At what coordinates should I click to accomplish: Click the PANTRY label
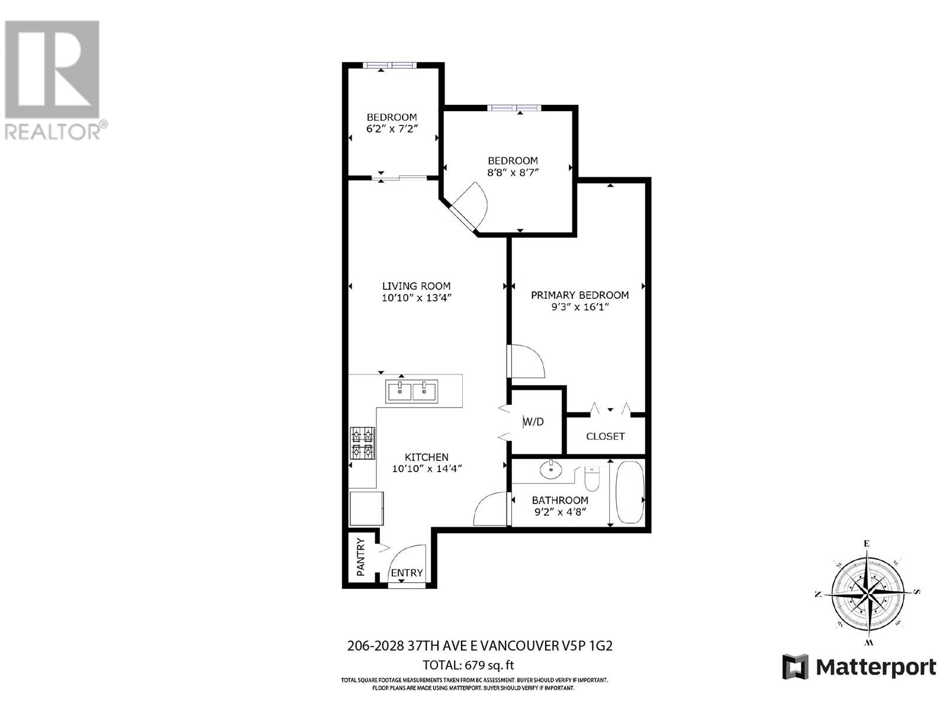click(x=360, y=557)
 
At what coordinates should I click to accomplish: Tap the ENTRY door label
click(x=407, y=573)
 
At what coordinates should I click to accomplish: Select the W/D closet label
click(x=533, y=422)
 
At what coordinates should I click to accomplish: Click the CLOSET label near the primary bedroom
click(x=605, y=436)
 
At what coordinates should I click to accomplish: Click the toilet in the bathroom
click(x=592, y=479)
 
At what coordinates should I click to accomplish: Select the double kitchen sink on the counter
click(x=411, y=391)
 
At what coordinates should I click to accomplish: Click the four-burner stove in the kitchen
click(x=363, y=443)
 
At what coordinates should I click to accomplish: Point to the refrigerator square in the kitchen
click(x=366, y=508)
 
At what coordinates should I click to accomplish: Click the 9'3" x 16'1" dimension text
click(x=579, y=307)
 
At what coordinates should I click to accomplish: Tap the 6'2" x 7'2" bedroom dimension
click(x=391, y=129)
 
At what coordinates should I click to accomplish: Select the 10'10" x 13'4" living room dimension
click(x=416, y=298)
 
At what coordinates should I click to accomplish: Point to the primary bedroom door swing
click(x=527, y=361)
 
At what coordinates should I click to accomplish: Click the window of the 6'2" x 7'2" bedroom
click(x=389, y=65)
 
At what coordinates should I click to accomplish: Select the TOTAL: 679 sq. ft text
click(x=464, y=665)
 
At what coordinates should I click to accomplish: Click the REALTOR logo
click(x=53, y=80)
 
